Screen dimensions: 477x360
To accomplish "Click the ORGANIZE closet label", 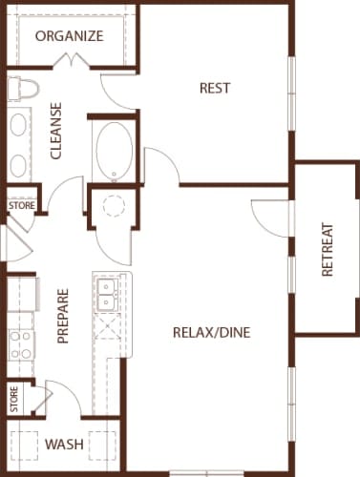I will click(69, 36).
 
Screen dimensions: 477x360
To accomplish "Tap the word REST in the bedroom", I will click(215, 89).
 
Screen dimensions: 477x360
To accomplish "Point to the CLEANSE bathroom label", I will click(55, 131).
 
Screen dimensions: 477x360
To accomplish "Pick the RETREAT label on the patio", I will click(328, 250).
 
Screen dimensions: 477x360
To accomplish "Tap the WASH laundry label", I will click(63, 445).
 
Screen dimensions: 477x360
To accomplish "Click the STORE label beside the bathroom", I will click(20, 205).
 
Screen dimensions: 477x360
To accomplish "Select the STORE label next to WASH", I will click(14, 399).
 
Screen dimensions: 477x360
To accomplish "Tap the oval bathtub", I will click(115, 152).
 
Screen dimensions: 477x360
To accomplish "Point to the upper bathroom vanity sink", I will click(20, 126).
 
